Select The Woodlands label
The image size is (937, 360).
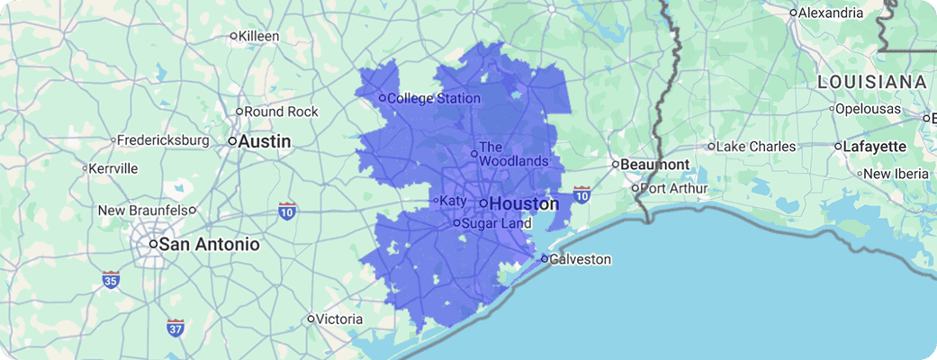point(513,154)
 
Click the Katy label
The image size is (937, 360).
point(453,201)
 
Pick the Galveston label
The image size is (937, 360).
point(581,260)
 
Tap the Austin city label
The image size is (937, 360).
point(265,141)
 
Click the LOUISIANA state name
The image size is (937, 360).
point(871,82)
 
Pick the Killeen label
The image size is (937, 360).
point(259,36)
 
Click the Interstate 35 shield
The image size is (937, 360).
point(111,279)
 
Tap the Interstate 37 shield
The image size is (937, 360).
point(176,328)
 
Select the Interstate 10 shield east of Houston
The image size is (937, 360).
point(581,194)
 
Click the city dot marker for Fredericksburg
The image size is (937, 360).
point(113,140)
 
